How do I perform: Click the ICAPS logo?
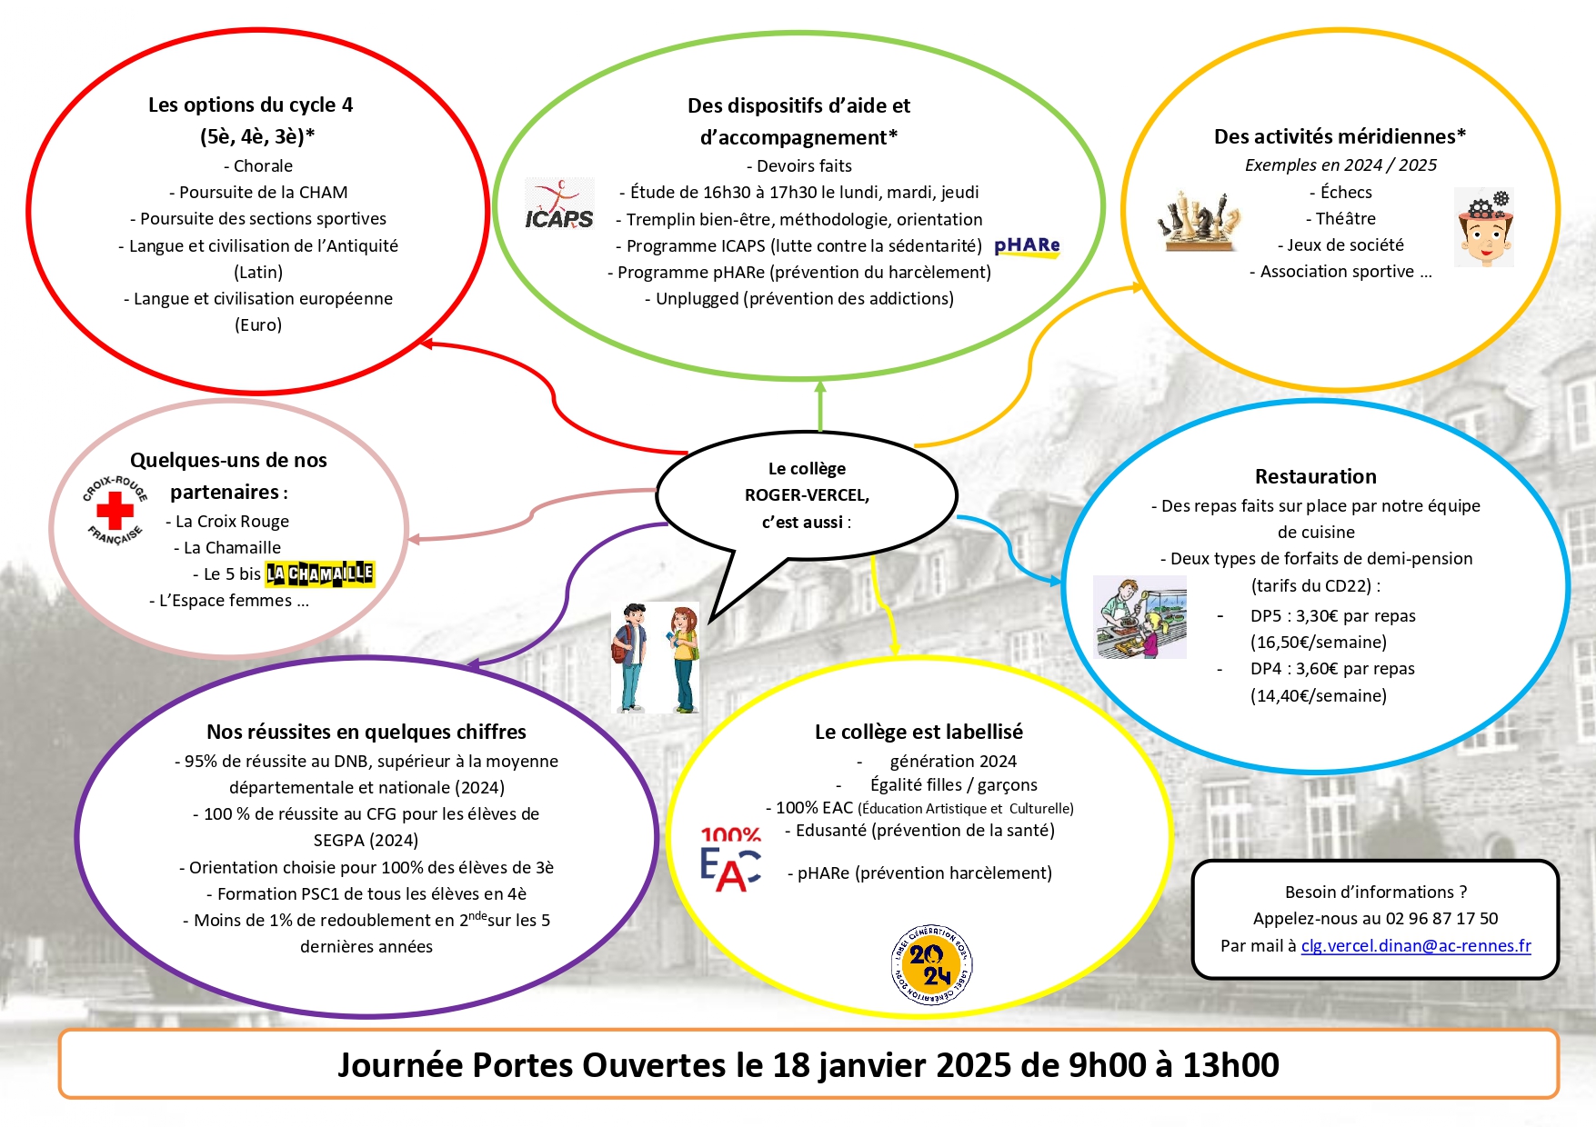pos(559,204)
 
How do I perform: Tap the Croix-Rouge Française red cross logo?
pos(115,511)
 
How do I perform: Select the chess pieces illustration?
pos(1199,221)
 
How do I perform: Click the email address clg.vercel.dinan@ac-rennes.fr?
pos(1416,946)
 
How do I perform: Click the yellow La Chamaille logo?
pos(319,573)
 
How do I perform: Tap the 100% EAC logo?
pos(730,859)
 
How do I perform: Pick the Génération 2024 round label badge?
pos(931,965)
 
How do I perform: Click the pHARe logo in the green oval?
pos(1027,246)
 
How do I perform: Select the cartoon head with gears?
pos(1484,227)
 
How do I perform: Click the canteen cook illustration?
pos(1139,617)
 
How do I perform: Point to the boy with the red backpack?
pos(630,657)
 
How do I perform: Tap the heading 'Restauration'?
pos(1315,477)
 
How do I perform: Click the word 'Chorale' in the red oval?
pos(263,166)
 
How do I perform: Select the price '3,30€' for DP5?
pos(1317,616)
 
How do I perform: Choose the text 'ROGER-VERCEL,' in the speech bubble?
pos(807,495)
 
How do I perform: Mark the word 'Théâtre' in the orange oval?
pos(1345,219)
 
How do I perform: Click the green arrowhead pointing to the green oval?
pos(820,387)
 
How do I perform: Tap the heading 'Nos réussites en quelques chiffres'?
pos(366,733)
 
